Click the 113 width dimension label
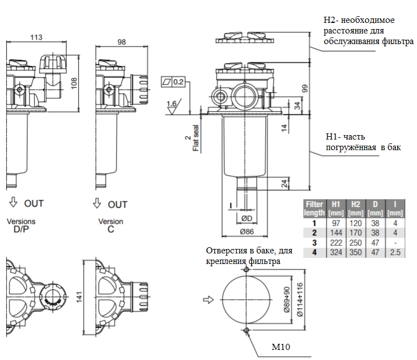pos(36,37)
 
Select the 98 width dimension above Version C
pos(122,42)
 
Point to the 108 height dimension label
pos(74,83)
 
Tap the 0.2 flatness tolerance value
pos(179,81)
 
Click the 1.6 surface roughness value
pos(171,103)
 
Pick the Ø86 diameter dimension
pos(247,232)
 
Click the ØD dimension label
pos(247,218)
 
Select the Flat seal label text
pos(196,138)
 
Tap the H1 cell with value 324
pos(336,252)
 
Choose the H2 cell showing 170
pos(356,233)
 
